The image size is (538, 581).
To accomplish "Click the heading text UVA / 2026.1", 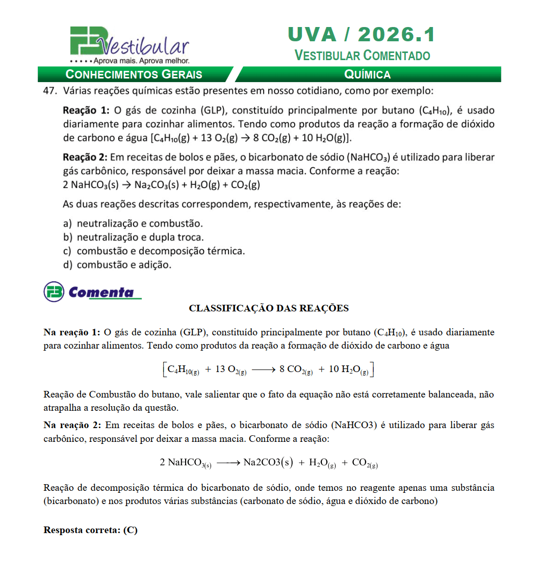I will pyautogui.click(x=362, y=35).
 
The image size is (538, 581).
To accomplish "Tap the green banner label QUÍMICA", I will pyautogui.click(x=367, y=74).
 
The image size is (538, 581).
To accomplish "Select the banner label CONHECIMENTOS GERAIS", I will pyautogui.click(x=134, y=74).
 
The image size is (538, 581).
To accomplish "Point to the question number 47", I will pyautogui.click(x=49, y=91).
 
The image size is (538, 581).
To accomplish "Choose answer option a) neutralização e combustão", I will pyautogui.click(x=133, y=223).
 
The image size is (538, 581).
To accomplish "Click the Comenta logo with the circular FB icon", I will pyautogui.click(x=92, y=292).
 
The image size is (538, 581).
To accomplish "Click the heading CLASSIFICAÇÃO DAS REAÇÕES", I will pyautogui.click(x=269, y=308).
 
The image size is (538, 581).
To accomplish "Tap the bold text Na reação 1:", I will pyautogui.click(x=72, y=332).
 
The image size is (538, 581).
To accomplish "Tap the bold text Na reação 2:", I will pyautogui.click(x=72, y=425).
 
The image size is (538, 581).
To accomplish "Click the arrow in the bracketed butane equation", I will pyautogui.click(x=263, y=369).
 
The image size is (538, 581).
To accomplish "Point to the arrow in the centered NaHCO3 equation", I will pyautogui.click(x=227, y=463).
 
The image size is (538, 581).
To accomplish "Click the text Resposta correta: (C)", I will pyautogui.click(x=91, y=530).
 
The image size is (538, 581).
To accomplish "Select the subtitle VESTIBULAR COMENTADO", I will pyautogui.click(x=362, y=56).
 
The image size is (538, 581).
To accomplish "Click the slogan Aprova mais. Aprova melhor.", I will pyautogui.click(x=135, y=61).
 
